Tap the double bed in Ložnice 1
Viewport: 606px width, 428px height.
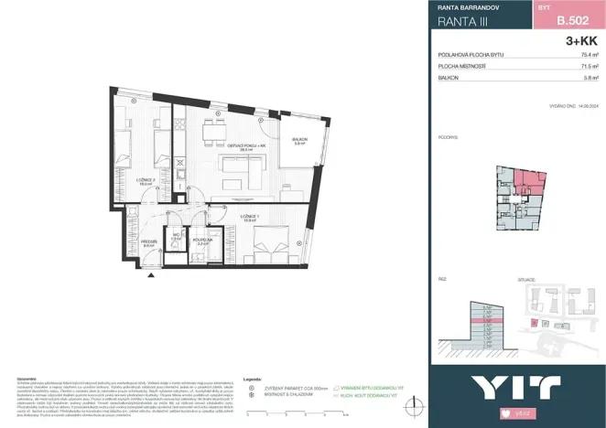point(271,244)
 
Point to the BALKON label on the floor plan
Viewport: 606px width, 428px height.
point(298,141)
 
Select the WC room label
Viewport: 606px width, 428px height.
point(179,236)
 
